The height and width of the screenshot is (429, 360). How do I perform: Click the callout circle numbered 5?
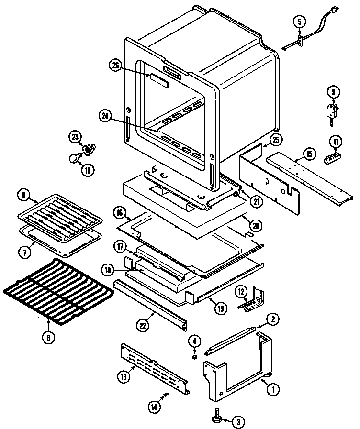pyautogui.click(x=299, y=21)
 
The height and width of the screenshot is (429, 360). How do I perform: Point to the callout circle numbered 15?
pyautogui.click(x=309, y=154)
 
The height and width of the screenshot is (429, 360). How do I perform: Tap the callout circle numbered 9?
pyautogui.click(x=333, y=91)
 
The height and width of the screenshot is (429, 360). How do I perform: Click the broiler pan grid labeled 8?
pyautogui.click(x=60, y=213)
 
